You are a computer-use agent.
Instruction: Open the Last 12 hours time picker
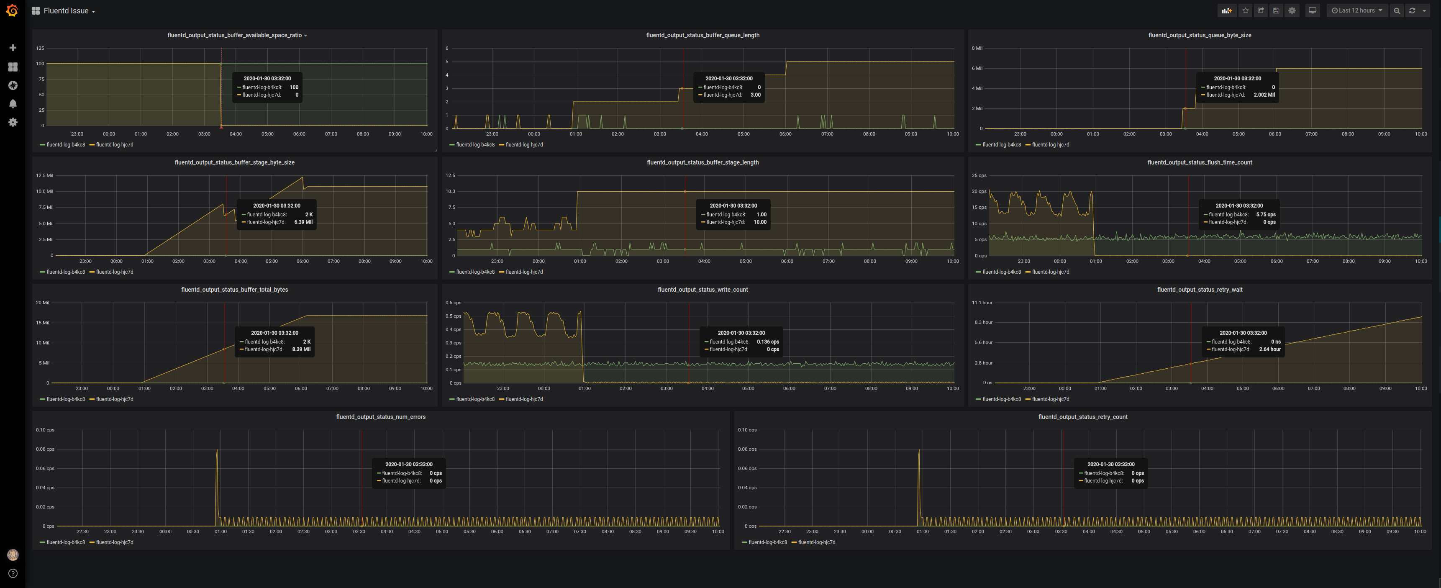(x=1356, y=10)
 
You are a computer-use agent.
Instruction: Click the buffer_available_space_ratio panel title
(x=234, y=35)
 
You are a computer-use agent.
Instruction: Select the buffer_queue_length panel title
(x=703, y=35)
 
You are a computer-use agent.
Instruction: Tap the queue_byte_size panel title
(x=1199, y=35)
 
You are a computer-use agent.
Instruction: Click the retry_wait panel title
(x=1199, y=290)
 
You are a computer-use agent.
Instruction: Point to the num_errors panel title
(x=380, y=417)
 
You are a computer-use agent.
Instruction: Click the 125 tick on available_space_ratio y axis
(x=40, y=49)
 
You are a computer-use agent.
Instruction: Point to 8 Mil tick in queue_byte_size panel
(x=977, y=49)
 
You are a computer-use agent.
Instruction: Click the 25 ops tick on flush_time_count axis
(x=979, y=176)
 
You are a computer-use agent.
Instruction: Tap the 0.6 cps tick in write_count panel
(x=453, y=303)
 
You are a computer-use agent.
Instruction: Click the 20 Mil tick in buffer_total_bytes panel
(x=43, y=303)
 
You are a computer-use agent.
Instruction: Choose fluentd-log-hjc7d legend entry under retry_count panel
(x=816, y=542)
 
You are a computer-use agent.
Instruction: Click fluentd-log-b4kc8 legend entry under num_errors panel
(x=65, y=542)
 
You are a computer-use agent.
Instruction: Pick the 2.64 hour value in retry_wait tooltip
(x=1269, y=349)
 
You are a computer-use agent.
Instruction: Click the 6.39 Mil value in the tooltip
(x=303, y=222)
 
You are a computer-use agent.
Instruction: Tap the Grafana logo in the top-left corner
(x=12, y=10)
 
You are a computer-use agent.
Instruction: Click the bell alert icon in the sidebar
(x=13, y=103)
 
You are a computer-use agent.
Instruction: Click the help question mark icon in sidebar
(x=13, y=573)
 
